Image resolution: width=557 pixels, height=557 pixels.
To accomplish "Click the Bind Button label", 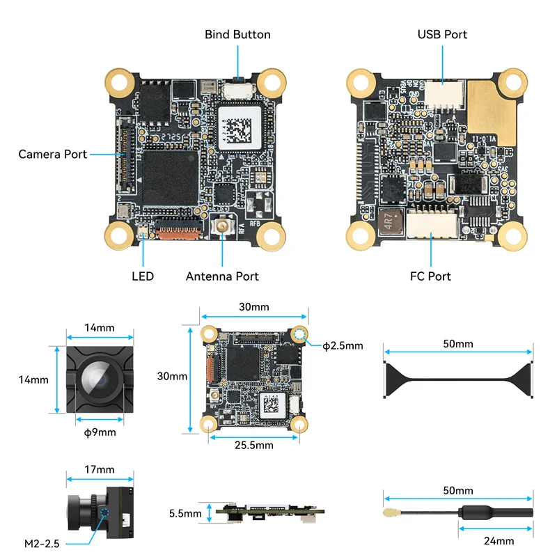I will click(237, 34).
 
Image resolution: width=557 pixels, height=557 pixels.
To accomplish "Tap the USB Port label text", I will click(442, 34).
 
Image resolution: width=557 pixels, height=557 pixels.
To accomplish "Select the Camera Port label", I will click(53, 154).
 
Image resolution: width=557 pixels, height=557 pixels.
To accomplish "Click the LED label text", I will click(143, 276).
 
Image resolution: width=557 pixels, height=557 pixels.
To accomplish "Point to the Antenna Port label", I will click(222, 276).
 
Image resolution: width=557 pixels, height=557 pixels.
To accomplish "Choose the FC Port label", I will click(430, 276).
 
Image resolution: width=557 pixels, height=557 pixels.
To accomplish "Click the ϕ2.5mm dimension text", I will click(343, 345).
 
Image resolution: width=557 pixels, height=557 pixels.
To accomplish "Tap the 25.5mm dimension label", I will click(253, 445).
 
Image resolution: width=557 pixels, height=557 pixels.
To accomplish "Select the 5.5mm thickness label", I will click(185, 514).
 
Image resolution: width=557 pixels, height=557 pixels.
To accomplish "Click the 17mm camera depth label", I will click(99, 470).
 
